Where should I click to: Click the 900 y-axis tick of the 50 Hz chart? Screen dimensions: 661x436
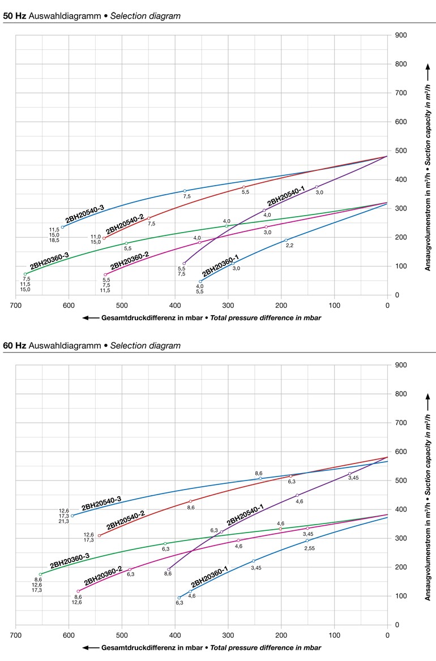(x=401, y=35)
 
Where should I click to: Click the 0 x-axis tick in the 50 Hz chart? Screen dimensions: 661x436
(x=387, y=305)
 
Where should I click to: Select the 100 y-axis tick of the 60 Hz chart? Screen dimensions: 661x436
(x=401, y=596)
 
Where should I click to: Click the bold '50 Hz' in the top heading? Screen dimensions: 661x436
(x=14, y=16)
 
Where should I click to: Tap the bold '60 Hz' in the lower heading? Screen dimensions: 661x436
(x=14, y=345)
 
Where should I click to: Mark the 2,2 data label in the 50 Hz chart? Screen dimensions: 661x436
(x=289, y=246)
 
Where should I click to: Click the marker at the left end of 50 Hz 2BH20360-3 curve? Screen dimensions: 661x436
(x=25, y=274)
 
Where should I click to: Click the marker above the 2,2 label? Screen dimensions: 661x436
(x=286, y=240)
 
